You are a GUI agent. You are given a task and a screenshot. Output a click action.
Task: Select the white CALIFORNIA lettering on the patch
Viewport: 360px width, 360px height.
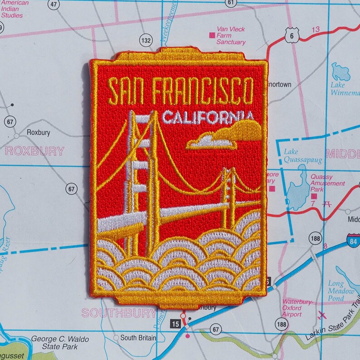(206, 117)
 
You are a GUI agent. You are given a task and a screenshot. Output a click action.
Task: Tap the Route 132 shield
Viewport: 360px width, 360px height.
(146, 40)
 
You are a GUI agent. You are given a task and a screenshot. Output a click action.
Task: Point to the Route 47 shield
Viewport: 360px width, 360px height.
(54, 5)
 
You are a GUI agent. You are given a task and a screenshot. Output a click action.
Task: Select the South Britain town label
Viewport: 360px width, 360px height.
(137, 338)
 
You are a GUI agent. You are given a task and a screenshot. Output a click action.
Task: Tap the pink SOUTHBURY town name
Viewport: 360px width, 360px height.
(119, 312)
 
